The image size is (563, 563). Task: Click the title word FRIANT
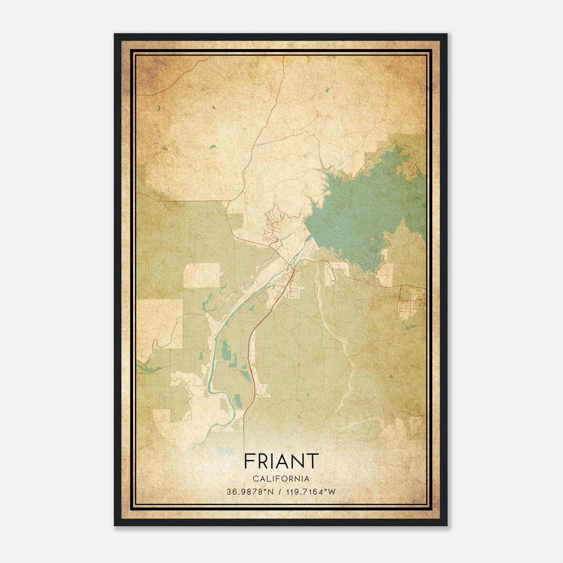tap(281, 461)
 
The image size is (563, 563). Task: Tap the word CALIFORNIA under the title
tap(281, 479)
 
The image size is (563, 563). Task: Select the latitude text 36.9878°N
tap(250, 492)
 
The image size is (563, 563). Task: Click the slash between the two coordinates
tap(279, 492)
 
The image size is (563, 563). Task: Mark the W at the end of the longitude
tap(332, 492)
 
